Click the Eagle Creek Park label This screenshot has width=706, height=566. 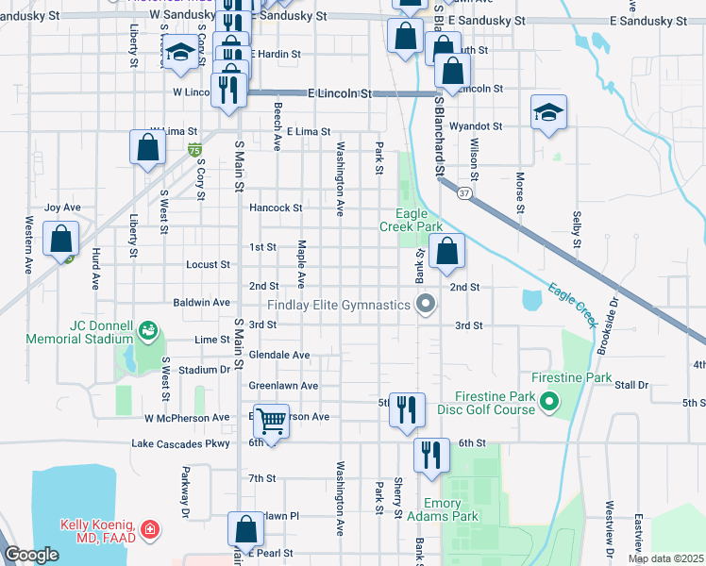[x=411, y=221]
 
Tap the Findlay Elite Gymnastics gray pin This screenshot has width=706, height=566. [x=426, y=304]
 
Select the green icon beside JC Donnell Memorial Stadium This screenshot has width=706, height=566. [x=147, y=329]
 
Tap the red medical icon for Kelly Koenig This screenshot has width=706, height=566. [x=149, y=531]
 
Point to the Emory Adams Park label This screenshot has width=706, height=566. [x=443, y=509]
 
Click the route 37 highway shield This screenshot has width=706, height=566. [x=463, y=192]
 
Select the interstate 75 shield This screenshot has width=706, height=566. [x=193, y=150]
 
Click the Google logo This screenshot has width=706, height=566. [x=31, y=555]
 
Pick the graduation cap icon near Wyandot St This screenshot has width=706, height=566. [x=547, y=113]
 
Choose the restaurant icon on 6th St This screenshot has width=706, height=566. [x=431, y=455]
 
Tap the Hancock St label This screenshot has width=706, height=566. [x=275, y=208]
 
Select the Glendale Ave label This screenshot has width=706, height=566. [x=279, y=355]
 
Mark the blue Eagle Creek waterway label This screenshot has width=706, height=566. [x=573, y=303]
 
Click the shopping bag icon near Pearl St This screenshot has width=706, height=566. [x=246, y=530]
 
